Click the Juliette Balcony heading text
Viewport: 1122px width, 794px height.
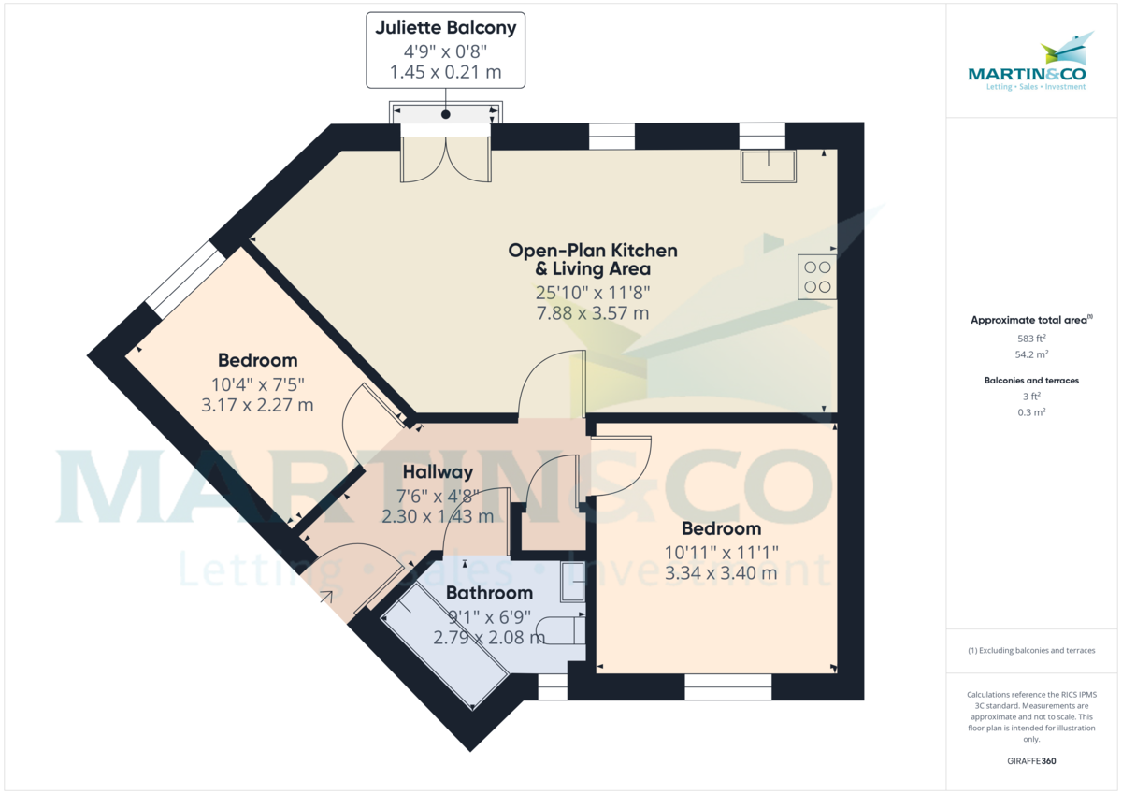(x=445, y=27)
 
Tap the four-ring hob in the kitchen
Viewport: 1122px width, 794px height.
(x=817, y=277)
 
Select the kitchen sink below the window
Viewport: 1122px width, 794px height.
(x=769, y=166)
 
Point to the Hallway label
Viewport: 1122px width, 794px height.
(x=438, y=472)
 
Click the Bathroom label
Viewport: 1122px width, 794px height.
(x=489, y=593)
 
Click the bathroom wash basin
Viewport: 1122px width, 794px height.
(x=572, y=581)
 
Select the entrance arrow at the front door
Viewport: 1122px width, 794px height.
(x=326, y=597)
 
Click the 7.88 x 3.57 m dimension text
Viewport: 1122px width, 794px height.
(x=593, y=313)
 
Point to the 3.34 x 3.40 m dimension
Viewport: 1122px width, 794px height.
(x=721, y=573)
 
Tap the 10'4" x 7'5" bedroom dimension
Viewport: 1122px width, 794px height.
(x=257, y=384)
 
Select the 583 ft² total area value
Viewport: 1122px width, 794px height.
(x=1030, y=339)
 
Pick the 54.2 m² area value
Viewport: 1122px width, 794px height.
(x=1031, y=354)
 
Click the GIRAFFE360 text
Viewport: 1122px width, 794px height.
(x=1031, y=761)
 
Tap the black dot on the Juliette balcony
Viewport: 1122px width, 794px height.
(x=445, y=114)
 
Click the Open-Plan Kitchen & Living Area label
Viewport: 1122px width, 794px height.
(x=593, y=259)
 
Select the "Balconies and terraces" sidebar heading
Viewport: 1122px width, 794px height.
(x=1031, y=381)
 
